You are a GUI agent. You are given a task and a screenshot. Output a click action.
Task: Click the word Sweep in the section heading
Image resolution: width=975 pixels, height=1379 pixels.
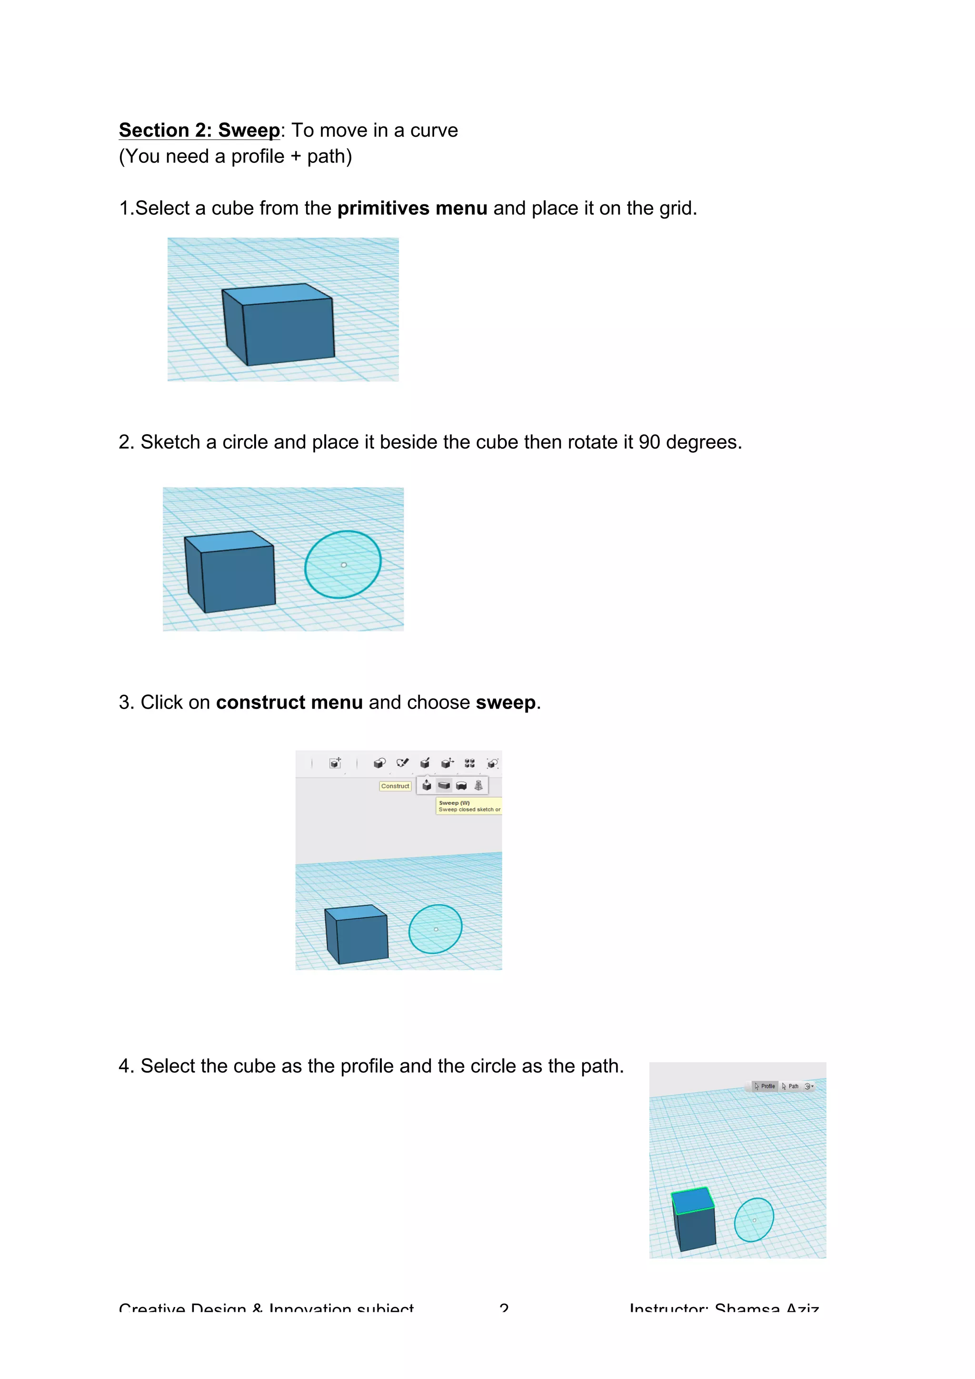[x=249, y=130]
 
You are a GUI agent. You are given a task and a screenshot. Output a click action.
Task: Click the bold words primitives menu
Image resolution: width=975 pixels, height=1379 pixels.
[x=412, y=209]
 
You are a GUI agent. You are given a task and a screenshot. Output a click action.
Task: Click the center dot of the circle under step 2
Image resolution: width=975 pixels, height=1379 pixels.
[x=343, y=565]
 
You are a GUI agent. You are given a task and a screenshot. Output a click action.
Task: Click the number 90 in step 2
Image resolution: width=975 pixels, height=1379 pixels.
[x=649, y=442]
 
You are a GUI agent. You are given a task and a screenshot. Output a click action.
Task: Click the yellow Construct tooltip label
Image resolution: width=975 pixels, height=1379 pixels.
[x=395, y=786]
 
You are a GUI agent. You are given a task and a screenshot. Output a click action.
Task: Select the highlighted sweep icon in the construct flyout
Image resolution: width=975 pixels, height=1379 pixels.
[x=444, y=785]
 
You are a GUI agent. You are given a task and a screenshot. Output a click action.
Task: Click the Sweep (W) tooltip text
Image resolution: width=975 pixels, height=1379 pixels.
[x=455, y=802]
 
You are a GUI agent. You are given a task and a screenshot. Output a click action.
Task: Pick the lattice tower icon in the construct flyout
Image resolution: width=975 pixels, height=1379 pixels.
[x=478, y=785]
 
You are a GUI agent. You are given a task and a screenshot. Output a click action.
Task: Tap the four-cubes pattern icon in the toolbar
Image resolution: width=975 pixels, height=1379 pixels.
[x=469, y=763]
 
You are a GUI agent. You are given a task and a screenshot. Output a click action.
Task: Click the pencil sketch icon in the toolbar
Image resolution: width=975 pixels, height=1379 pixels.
[x=402, y=763]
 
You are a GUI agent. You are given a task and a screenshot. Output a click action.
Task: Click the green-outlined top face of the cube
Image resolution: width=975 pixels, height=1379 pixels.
[x=692, y=1200]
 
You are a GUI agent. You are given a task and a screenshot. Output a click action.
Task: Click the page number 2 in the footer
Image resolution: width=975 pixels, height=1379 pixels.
[x=504, y=1307]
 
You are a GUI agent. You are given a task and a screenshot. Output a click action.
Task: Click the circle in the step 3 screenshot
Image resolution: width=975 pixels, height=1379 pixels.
[x=435, y=929]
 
